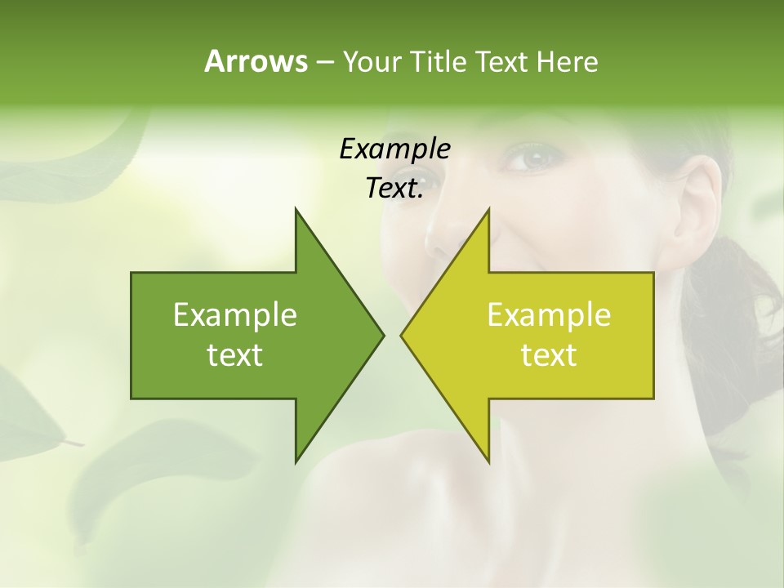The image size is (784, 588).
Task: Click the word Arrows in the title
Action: tap(255, 61)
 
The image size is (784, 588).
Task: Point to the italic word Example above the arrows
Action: tap(394, 149)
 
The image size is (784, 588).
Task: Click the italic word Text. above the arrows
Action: tap(394, 189)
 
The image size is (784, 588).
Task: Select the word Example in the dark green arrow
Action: tap(235, 315)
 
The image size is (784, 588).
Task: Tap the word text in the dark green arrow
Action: tap(235, 355)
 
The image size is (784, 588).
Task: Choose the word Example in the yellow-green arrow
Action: tap(549, 315)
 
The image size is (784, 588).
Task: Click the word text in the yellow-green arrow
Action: tap(549, 355)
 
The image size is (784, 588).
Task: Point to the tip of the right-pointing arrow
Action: tap(382, 335)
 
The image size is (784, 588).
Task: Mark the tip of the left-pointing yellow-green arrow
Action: tap(402, 335)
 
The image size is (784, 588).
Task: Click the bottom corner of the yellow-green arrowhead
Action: tap(488, 461)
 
